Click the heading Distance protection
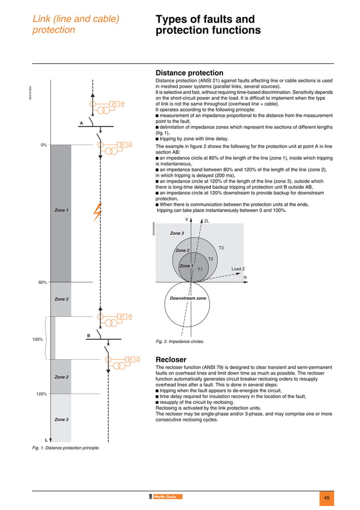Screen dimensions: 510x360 coord(189,73)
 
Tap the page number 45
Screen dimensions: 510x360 coord(327,497)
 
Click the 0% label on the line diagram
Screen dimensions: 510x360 coord(43,145)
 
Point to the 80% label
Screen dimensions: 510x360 coord(42,282)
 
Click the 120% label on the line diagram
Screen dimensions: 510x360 coord(41,394)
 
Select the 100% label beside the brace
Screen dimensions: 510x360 coord(37,340)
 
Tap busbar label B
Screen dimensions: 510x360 coord(88,336)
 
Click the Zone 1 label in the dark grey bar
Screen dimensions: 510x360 coord(61,210)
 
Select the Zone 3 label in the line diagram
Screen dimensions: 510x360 coord(61,420)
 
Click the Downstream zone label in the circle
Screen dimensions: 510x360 coord(188,298)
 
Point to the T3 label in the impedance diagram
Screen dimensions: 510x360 coord(221,248)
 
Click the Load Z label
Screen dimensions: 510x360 coord(238,269)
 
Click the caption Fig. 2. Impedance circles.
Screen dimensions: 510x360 coord(179,342)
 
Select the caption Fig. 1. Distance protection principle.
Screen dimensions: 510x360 coord(65,448)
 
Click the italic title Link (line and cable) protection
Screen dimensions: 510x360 coord(76,24)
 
